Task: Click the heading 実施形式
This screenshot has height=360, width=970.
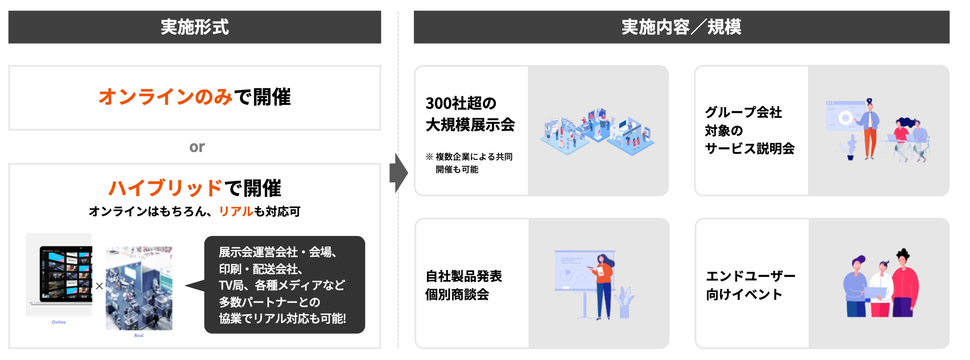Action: (x=194, y=27)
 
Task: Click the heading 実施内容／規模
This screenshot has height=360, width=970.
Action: (x=681, y=27)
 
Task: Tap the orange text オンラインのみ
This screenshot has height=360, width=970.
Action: (x=165, y=97)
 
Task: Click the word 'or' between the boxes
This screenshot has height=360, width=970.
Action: (x=197, y=147)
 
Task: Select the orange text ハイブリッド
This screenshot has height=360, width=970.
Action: (x=165, y=188)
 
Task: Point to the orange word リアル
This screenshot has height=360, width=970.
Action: (x=236, y=211)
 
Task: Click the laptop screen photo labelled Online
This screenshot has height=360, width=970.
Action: (x=66, y=274)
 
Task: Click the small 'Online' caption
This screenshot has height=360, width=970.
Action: (x=59, y=322)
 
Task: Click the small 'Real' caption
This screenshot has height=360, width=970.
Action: (x=139, y=336)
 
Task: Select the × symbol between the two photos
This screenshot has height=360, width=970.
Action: (x=100, y=286)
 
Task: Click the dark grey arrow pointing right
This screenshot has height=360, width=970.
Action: (x=398, y=173)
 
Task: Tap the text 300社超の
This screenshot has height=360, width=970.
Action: (x=461, y=104)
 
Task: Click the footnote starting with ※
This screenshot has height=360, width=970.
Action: (x=469, y=163)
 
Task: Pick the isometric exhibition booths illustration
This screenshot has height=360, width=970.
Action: (x=597, y=131)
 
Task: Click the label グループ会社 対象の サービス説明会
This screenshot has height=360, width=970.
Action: (x=749, y=130)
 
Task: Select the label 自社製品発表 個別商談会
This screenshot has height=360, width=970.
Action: (x=464, y=285)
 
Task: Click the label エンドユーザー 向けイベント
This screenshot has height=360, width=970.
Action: (x=750, y=285)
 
